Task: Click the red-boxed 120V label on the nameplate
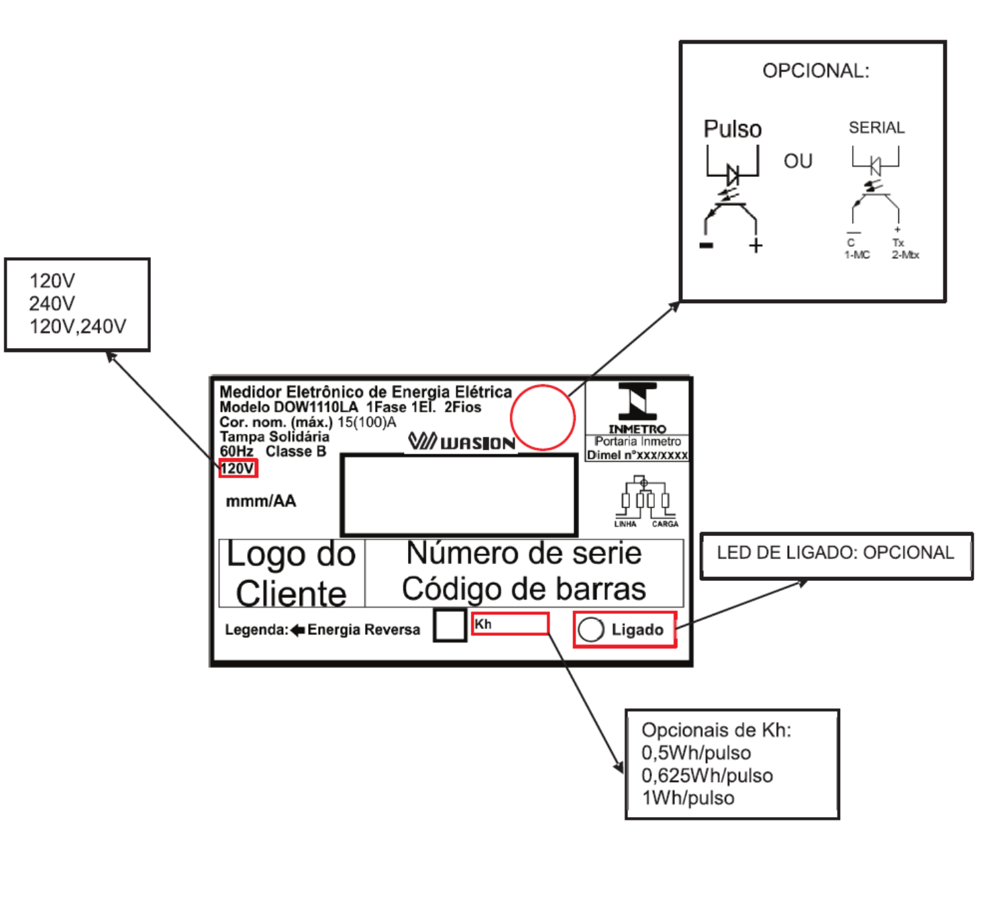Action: pyautogui.click(x=238, y=468)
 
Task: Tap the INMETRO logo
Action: pyautogui.click(x=637, y=408)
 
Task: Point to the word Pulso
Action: pyautogui.click(x=733, y=129)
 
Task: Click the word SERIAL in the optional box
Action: pyautogui.click(x=877, y=128)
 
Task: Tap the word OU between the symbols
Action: pyautogui.click(x=798, y=162)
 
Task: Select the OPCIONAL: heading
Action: pyautogui.click(x=815, y=71)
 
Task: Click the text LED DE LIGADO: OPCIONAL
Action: pyautogui.click(x=835, y=553)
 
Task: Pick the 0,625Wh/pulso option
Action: pyautogui.click(x=707, y=775)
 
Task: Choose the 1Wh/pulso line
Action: pyautogui.click(x=688, y=798)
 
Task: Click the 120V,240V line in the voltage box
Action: pyautogui.click(x=78, y=327)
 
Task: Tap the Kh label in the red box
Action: pyautogui.click(x=482, y=625)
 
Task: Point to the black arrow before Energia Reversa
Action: pyautogui.click(x=298, y=630)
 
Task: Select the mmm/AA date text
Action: pyautogui.click(x=261, y=501)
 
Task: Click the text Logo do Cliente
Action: pyautogui.click(x=291, y=574)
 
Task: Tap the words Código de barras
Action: pyautogui.click(x=523, y=589)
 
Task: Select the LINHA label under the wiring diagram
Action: pyautogui.click(x=625, y=524)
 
